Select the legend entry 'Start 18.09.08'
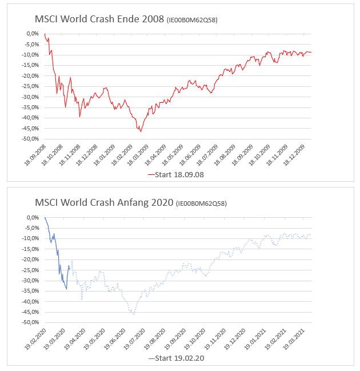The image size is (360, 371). [x=176, y=175]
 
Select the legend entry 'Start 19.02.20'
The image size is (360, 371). [x=176, y=358]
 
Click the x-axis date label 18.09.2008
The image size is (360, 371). [x=35, y=155]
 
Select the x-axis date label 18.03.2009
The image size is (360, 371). [x=142, y=155]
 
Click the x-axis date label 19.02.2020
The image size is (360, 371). [x=35, y=339]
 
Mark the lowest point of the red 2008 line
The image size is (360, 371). [x=141, y=131]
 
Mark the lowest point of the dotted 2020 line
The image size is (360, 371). [x=134, y=314]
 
